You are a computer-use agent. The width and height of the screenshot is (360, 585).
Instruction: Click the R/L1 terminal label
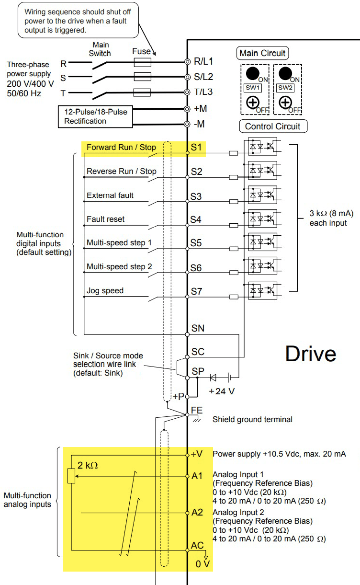(x=203, y=61)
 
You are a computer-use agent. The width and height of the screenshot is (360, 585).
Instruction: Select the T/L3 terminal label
(x=203, y=92)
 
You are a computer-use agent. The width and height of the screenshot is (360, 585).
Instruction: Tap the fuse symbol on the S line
(x=143, y=77)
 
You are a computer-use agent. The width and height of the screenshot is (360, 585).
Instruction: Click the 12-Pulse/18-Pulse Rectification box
(x=96, y=116)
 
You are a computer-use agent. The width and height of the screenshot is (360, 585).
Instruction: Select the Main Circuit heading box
(x=262, y=53)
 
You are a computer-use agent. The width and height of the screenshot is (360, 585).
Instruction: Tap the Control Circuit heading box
(x=273, y=126)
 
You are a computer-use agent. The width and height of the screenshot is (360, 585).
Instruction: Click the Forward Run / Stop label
(x=121, y=148)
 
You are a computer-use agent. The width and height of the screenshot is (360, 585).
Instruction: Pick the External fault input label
(x=110, y=195)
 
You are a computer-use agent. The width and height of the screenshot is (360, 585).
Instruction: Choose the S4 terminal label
(x=196, y=220)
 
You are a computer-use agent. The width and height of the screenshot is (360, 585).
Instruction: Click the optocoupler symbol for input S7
(x=262, y=290)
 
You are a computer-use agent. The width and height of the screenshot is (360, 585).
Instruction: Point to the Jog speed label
(x=105, y=291)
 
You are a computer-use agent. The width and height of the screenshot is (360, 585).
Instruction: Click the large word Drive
(x=310, y=354)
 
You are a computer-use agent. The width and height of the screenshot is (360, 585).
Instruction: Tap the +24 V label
(x=222, y=391)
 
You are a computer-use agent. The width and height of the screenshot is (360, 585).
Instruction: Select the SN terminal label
(x=198, y=328)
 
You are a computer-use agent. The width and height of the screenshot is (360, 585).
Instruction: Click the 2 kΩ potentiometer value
(x=88, y=465)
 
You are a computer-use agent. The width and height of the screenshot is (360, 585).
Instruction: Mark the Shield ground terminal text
(x=252, y=420)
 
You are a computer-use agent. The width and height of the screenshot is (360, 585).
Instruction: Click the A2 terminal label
(x=197, y=512)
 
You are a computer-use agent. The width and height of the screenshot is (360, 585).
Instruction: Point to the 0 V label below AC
(x=202, y=564)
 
